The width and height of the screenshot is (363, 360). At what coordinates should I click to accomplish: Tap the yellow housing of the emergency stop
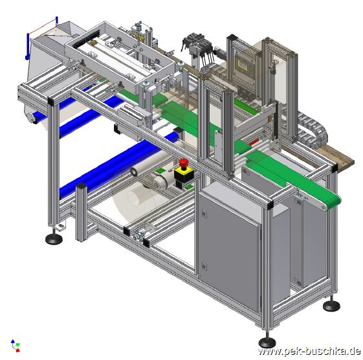point(184,172)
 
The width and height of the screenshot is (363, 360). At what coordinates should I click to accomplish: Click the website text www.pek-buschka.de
point(309,351)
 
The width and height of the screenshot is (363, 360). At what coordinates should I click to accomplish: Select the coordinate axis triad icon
point(16,346)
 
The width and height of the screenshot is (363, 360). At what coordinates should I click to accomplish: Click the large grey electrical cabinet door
point(229,250)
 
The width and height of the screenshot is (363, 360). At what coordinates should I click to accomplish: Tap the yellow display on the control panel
point(242,65)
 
